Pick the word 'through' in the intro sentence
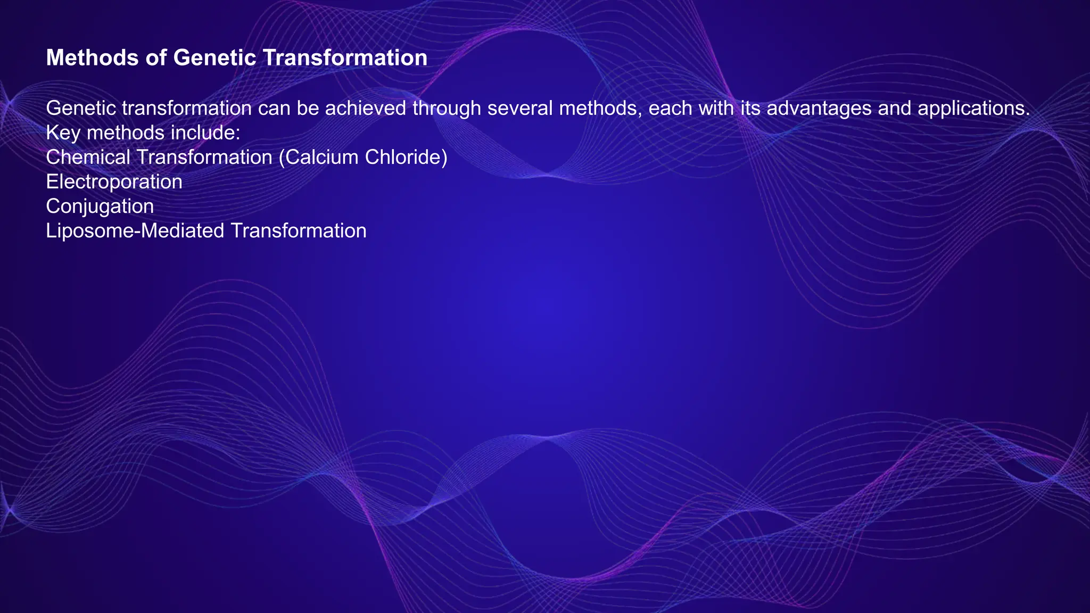pos(447,109)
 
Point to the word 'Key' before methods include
pos(63,133)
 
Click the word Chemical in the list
pos(88,158)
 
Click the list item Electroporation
pos(114,182)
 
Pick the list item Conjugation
pos(100,206)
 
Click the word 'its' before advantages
pos(750,109)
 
